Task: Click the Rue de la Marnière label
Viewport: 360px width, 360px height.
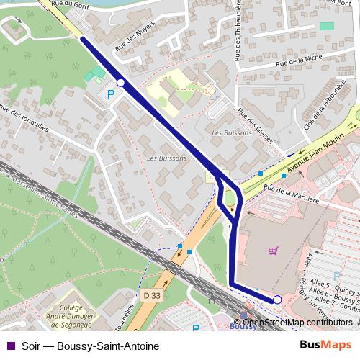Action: [x=291, y=193]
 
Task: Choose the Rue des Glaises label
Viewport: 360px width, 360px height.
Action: [x=255, y=125]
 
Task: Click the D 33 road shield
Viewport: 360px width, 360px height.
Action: [x=152, y=295]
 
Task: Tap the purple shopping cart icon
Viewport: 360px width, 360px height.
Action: [x=273, y=251]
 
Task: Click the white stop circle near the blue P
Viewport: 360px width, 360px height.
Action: [x=121, y=84]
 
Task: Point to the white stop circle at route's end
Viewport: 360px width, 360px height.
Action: [x=277, y=300]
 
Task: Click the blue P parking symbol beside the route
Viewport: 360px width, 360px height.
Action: [x=110, y=94]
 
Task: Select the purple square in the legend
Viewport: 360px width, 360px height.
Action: [x=9, y=346]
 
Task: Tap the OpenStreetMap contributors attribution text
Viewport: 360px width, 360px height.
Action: [x=297, y=322]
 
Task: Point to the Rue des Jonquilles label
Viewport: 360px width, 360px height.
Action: [x=24, y=119]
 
